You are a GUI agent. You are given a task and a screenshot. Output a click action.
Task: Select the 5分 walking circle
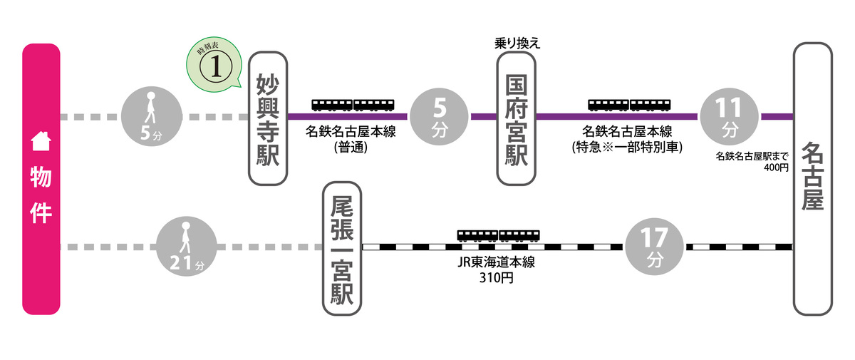(152, 116)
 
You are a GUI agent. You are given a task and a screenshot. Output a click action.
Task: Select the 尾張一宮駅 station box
(343, 248)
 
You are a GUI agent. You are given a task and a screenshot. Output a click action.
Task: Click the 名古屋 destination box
(812, 178)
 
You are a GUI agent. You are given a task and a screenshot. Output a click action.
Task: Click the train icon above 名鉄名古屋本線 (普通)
(353, 105)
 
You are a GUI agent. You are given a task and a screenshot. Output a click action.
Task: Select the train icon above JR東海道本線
(498, 235)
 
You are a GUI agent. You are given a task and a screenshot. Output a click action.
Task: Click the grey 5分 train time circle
(440, 116)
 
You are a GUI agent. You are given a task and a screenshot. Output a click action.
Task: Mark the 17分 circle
(653, 247)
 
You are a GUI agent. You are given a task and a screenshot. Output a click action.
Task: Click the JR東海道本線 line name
(497, 262)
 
